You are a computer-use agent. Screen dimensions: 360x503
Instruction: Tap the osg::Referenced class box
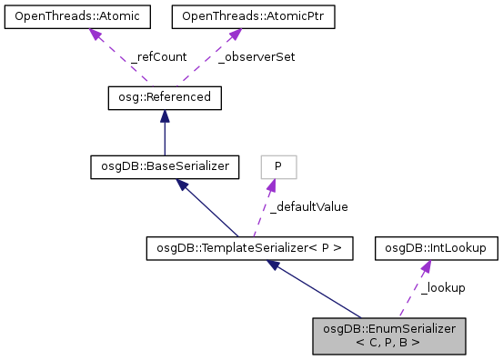[x=164, y=96]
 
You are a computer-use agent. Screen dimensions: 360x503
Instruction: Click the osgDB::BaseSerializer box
[x=164, y=166]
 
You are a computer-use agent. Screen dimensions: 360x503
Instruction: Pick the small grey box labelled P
[x=278, y=166]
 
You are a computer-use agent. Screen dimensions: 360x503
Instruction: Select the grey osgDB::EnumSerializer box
[x=388, y=335]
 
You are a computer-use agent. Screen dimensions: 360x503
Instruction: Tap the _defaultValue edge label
[x=308, y=206]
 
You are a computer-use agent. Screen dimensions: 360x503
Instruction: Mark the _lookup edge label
[x=443, y=287]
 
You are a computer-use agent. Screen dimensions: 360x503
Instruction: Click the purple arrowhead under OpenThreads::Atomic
[x=94, y=34]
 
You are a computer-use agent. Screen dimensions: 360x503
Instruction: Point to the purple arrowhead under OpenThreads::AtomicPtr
[x=233, y=34]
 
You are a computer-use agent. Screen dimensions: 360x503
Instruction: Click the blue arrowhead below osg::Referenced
[x=164, y=115]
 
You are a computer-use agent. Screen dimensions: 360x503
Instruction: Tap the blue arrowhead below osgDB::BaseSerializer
[x=182, y=184]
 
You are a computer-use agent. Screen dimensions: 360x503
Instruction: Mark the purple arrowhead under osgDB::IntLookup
[x=425, y=264]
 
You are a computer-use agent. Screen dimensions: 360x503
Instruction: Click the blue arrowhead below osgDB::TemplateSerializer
[x=273, y=264]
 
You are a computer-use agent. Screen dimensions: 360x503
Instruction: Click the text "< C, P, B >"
[x=388, y=343]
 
